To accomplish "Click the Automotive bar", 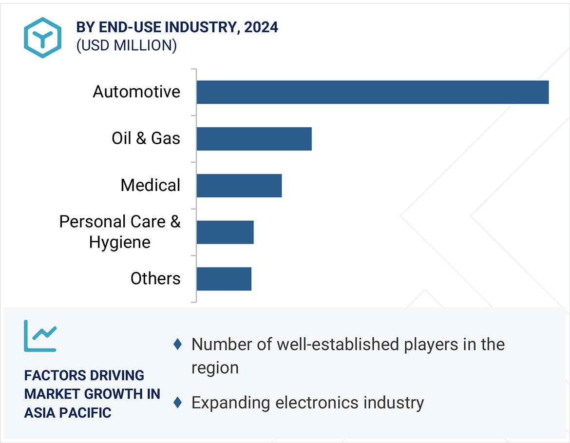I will (372, 92).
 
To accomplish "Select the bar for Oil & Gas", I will (254, 139).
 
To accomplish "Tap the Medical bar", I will (239, 186).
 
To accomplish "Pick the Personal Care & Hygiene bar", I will (225, 232).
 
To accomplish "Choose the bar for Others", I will (224, 279).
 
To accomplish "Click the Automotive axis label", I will (136, 92).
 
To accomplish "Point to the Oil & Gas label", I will (146, 138).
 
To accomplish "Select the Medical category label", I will (150, 185).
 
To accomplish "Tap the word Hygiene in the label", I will (119, 242).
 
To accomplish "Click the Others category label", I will (155, 279).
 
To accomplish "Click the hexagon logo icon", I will (42, 38).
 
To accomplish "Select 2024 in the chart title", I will (261, 27).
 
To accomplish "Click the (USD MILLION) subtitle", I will (126, 45).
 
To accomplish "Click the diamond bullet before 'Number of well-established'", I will (178, 345).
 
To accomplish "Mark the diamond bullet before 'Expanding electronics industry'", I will (178, 403).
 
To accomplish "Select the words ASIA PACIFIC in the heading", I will (68, 412).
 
